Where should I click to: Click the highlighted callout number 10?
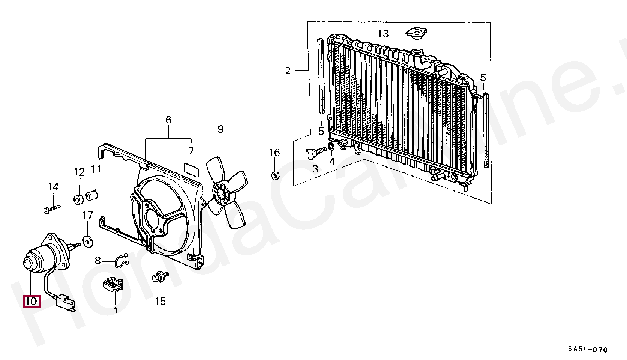31,301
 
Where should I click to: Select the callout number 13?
383,34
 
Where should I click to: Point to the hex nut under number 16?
274,175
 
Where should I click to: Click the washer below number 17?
88,241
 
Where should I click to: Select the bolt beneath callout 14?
51,208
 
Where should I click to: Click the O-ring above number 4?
331,146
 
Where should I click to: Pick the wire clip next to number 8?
121,261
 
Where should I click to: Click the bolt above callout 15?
159,277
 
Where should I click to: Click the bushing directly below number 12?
79,199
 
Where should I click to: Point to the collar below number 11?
92,195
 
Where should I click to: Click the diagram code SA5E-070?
587,349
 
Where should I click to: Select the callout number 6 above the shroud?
168,120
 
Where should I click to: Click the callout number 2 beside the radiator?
288,70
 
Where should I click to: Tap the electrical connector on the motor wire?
65,302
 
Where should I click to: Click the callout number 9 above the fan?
220,129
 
